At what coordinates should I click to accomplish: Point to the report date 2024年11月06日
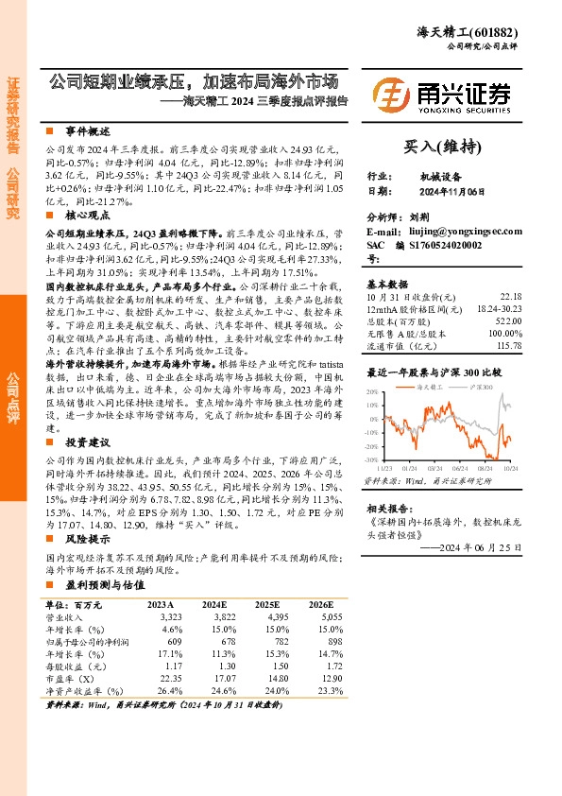point(452,191)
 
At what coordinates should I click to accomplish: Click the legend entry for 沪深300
point(485,387)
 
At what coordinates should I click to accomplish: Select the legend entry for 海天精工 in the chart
point(435,387)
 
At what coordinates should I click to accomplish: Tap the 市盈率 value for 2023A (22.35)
point(165,678)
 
